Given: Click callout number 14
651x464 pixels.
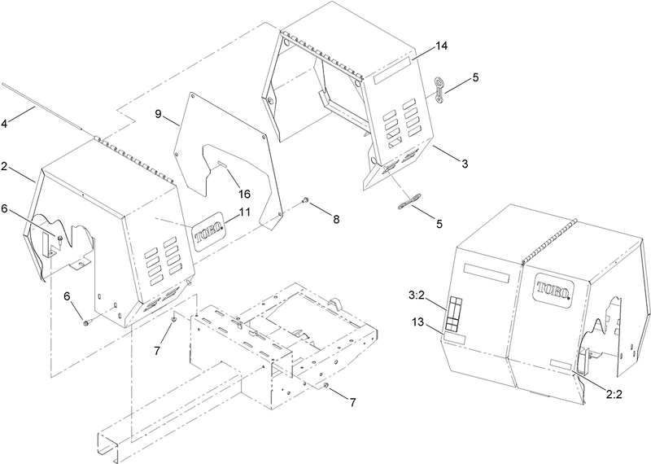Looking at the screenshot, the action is click(x=441, y=46).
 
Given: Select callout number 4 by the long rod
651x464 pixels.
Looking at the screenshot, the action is click(x=4, y=124).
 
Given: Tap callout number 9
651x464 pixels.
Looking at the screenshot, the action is click(x=158, y=114).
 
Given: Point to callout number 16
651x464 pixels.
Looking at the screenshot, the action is click(x=244, y=194).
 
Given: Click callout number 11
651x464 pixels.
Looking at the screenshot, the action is click(x=244, y=212).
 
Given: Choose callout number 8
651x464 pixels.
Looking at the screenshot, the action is click(x=335, y=219).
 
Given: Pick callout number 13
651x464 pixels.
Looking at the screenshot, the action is click(x=418, y=322).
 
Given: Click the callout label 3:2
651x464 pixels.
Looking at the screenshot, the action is click(x=417, y=295).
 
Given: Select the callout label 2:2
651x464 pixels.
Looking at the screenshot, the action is click(x=614, y=394).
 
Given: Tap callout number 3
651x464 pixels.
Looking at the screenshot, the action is click(x=465, y=164).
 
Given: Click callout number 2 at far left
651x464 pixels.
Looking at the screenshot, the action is click(x=4, y=167).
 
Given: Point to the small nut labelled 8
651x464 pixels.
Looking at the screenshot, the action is click(x=305, y=200).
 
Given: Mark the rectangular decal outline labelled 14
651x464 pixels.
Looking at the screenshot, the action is click(x=391, y=71).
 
